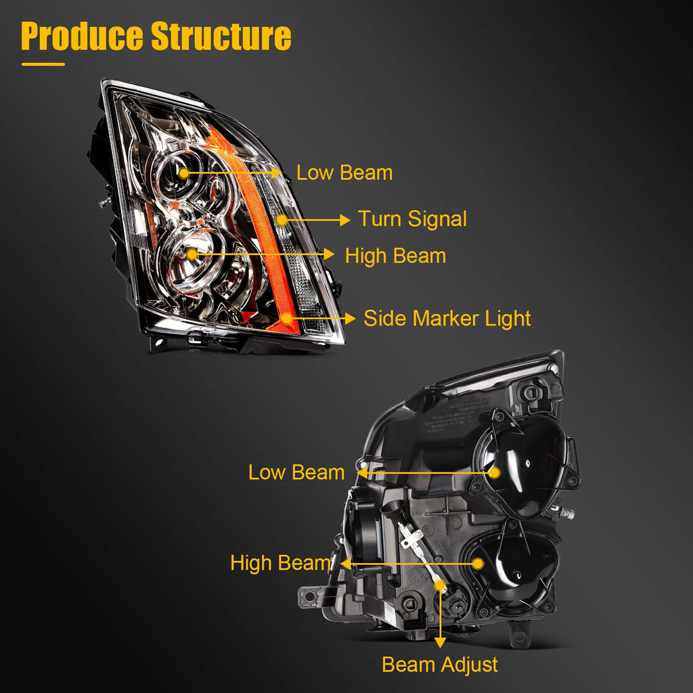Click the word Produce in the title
coord(82,36)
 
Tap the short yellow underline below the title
coord(43,64)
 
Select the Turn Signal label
coord(412,219)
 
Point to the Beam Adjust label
coord(440,665)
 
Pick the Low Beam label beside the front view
coord(344,173)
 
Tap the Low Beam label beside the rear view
coord(296,472)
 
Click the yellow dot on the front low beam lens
coord(184,173)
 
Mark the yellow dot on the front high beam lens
coord(192,254)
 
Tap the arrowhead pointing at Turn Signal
coord(345,220)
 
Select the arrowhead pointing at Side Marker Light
coord(350,318)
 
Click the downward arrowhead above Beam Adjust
coord(440,642)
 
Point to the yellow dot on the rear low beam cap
coord(495,473)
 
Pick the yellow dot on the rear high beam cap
coord(478,564)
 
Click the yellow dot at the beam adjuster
coord(440,585)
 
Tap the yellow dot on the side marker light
coord(287,318)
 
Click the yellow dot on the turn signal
coord(282,220)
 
